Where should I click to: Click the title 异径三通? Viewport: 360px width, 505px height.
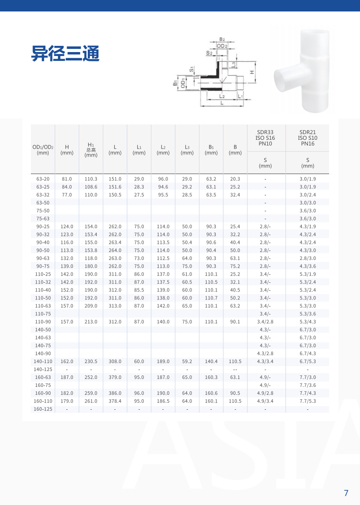[x=65, y=53]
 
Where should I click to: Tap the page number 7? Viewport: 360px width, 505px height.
[x=346, y=493]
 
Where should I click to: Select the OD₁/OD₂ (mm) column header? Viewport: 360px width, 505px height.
[x=43, y=150]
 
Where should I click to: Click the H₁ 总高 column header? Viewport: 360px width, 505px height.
[x=91, y=150]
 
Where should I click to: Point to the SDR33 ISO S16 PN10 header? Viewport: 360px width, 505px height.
[x=265, y=138]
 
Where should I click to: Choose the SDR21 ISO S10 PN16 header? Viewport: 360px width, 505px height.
[x=307, y=138]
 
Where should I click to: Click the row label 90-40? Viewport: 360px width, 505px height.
[x=43, y=243]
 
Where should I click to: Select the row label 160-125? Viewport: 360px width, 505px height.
[x=43, y=409]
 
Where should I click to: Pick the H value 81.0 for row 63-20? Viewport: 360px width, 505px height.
[x=67, y=179]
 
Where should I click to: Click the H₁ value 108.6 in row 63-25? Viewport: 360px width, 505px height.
[x=91, y=187]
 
